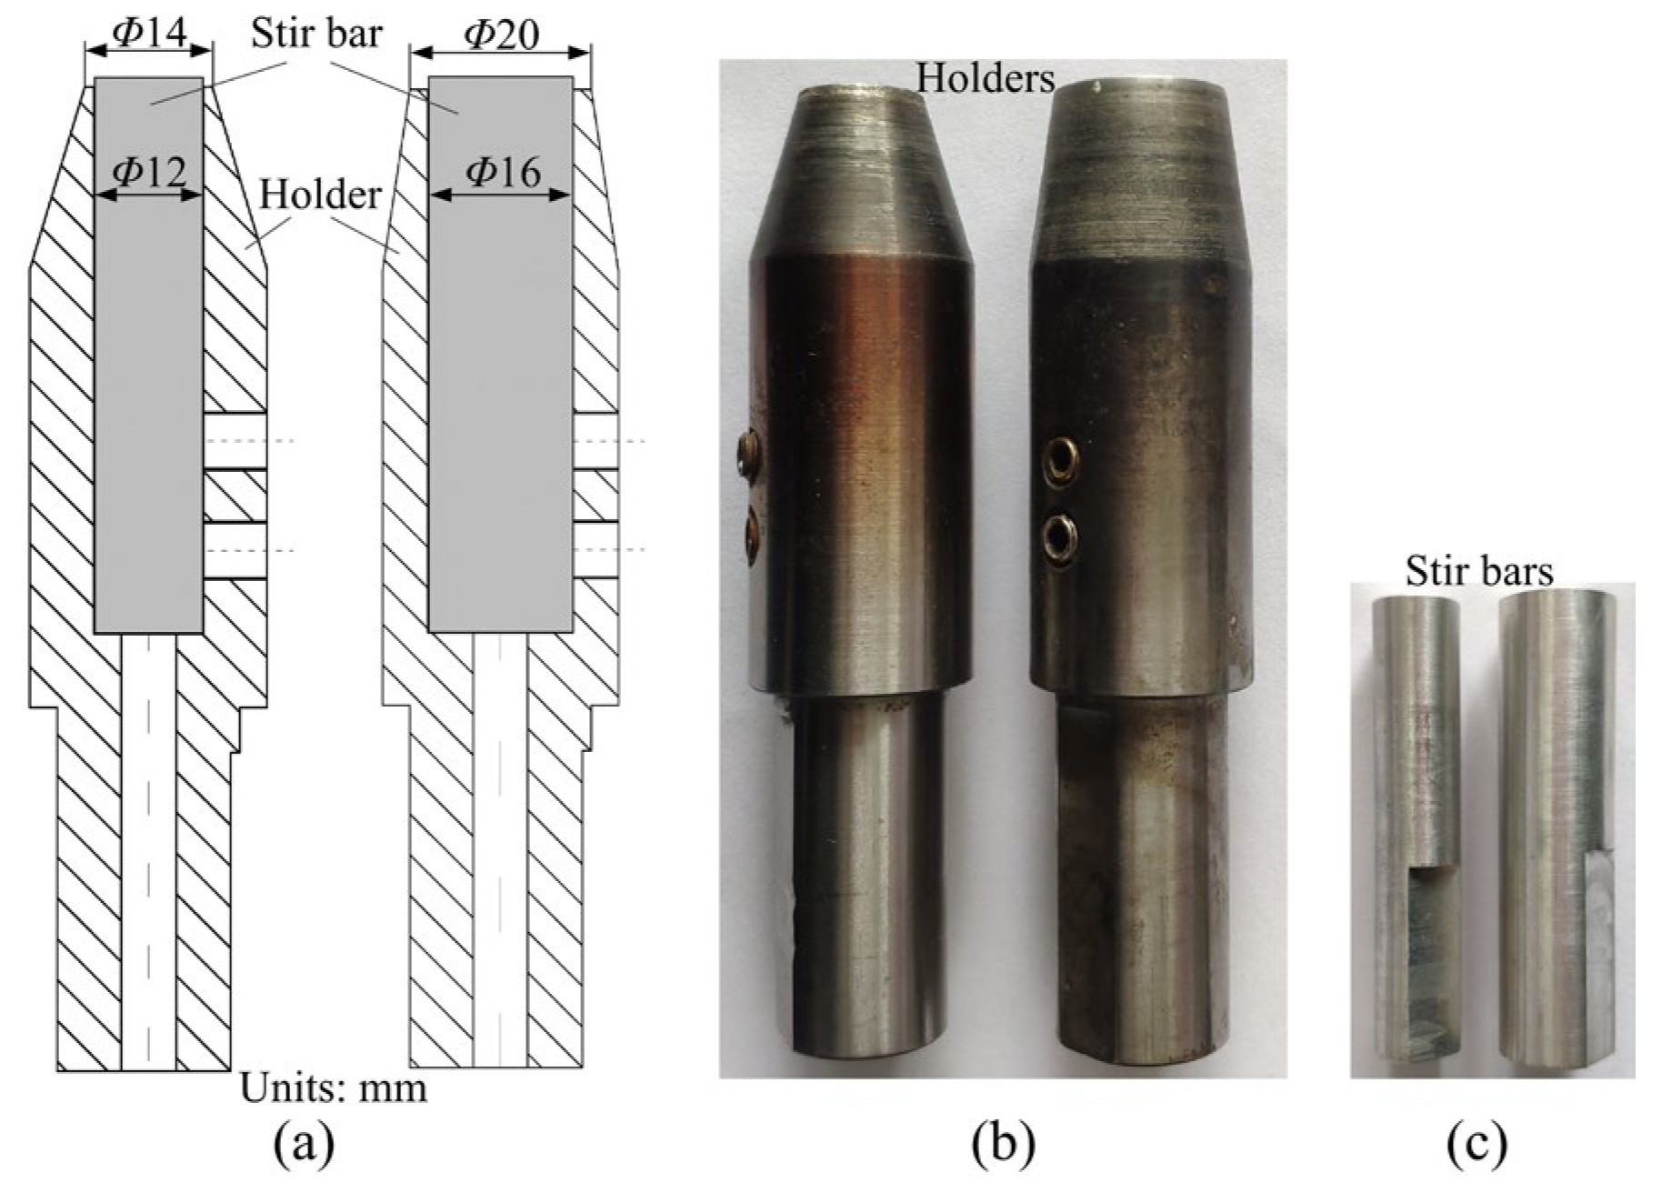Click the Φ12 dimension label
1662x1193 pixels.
[x=147, y=170]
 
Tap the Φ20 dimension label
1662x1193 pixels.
[x=501, y=34]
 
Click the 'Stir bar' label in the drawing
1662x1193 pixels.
[x=316, y=34]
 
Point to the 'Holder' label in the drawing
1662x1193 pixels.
[x=320, y=194]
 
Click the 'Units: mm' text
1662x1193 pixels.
[x=333, y=1088]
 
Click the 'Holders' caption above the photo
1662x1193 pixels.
[x=985, y=79]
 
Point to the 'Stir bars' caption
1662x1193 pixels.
[x=1478, y=572]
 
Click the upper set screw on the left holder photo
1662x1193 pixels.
[x=749, y=450]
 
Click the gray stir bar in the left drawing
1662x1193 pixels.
[x=148, y=364]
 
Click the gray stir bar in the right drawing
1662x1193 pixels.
[x=500, y=364]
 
